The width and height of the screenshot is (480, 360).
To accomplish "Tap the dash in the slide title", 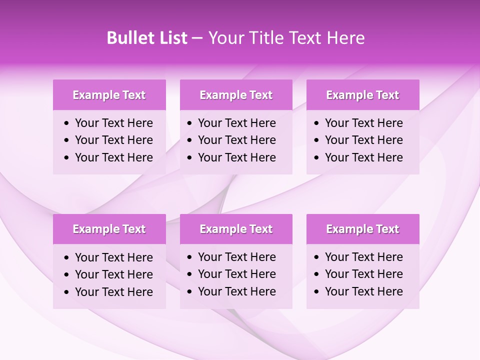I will click(x=197, y=38).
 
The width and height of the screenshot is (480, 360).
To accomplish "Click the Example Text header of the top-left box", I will click(x=109, y=95).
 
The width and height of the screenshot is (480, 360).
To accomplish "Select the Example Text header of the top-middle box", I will click(x=236, y=95).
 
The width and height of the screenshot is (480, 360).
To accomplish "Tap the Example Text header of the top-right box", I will click(x=362, y=95).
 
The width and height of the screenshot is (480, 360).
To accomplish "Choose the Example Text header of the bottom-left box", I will click(x=109, y=229).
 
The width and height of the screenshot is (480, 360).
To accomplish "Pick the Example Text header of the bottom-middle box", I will click(x=236, y=229).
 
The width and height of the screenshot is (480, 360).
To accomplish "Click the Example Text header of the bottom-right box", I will click(x=362, y=229).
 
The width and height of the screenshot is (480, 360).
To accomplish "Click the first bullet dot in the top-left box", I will click(x=67, y=123).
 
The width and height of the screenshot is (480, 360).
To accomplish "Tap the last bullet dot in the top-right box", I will click(x=317, y=158).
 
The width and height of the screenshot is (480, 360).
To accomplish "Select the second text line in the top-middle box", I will click(x=236, y=140).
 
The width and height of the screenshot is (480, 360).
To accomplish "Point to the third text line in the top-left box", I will click(x=113, y=157).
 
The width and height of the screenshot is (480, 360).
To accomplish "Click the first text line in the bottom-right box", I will click(x=363, y=257).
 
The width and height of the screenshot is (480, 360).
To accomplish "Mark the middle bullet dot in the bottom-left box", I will click(x=67, y=275).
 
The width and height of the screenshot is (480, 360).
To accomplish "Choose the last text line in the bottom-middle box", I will click(x=236, y=291).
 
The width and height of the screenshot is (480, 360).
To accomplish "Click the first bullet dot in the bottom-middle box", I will click(x=190, y=257).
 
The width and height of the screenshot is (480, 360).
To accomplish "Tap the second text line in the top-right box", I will click(x=363, y=140).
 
